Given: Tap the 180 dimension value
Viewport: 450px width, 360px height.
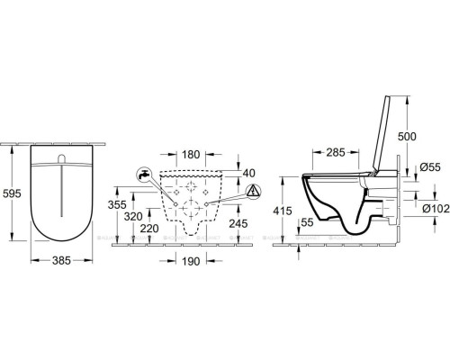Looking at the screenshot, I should coord(189,155).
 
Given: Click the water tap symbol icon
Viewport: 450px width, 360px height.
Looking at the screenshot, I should coord(142,174).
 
